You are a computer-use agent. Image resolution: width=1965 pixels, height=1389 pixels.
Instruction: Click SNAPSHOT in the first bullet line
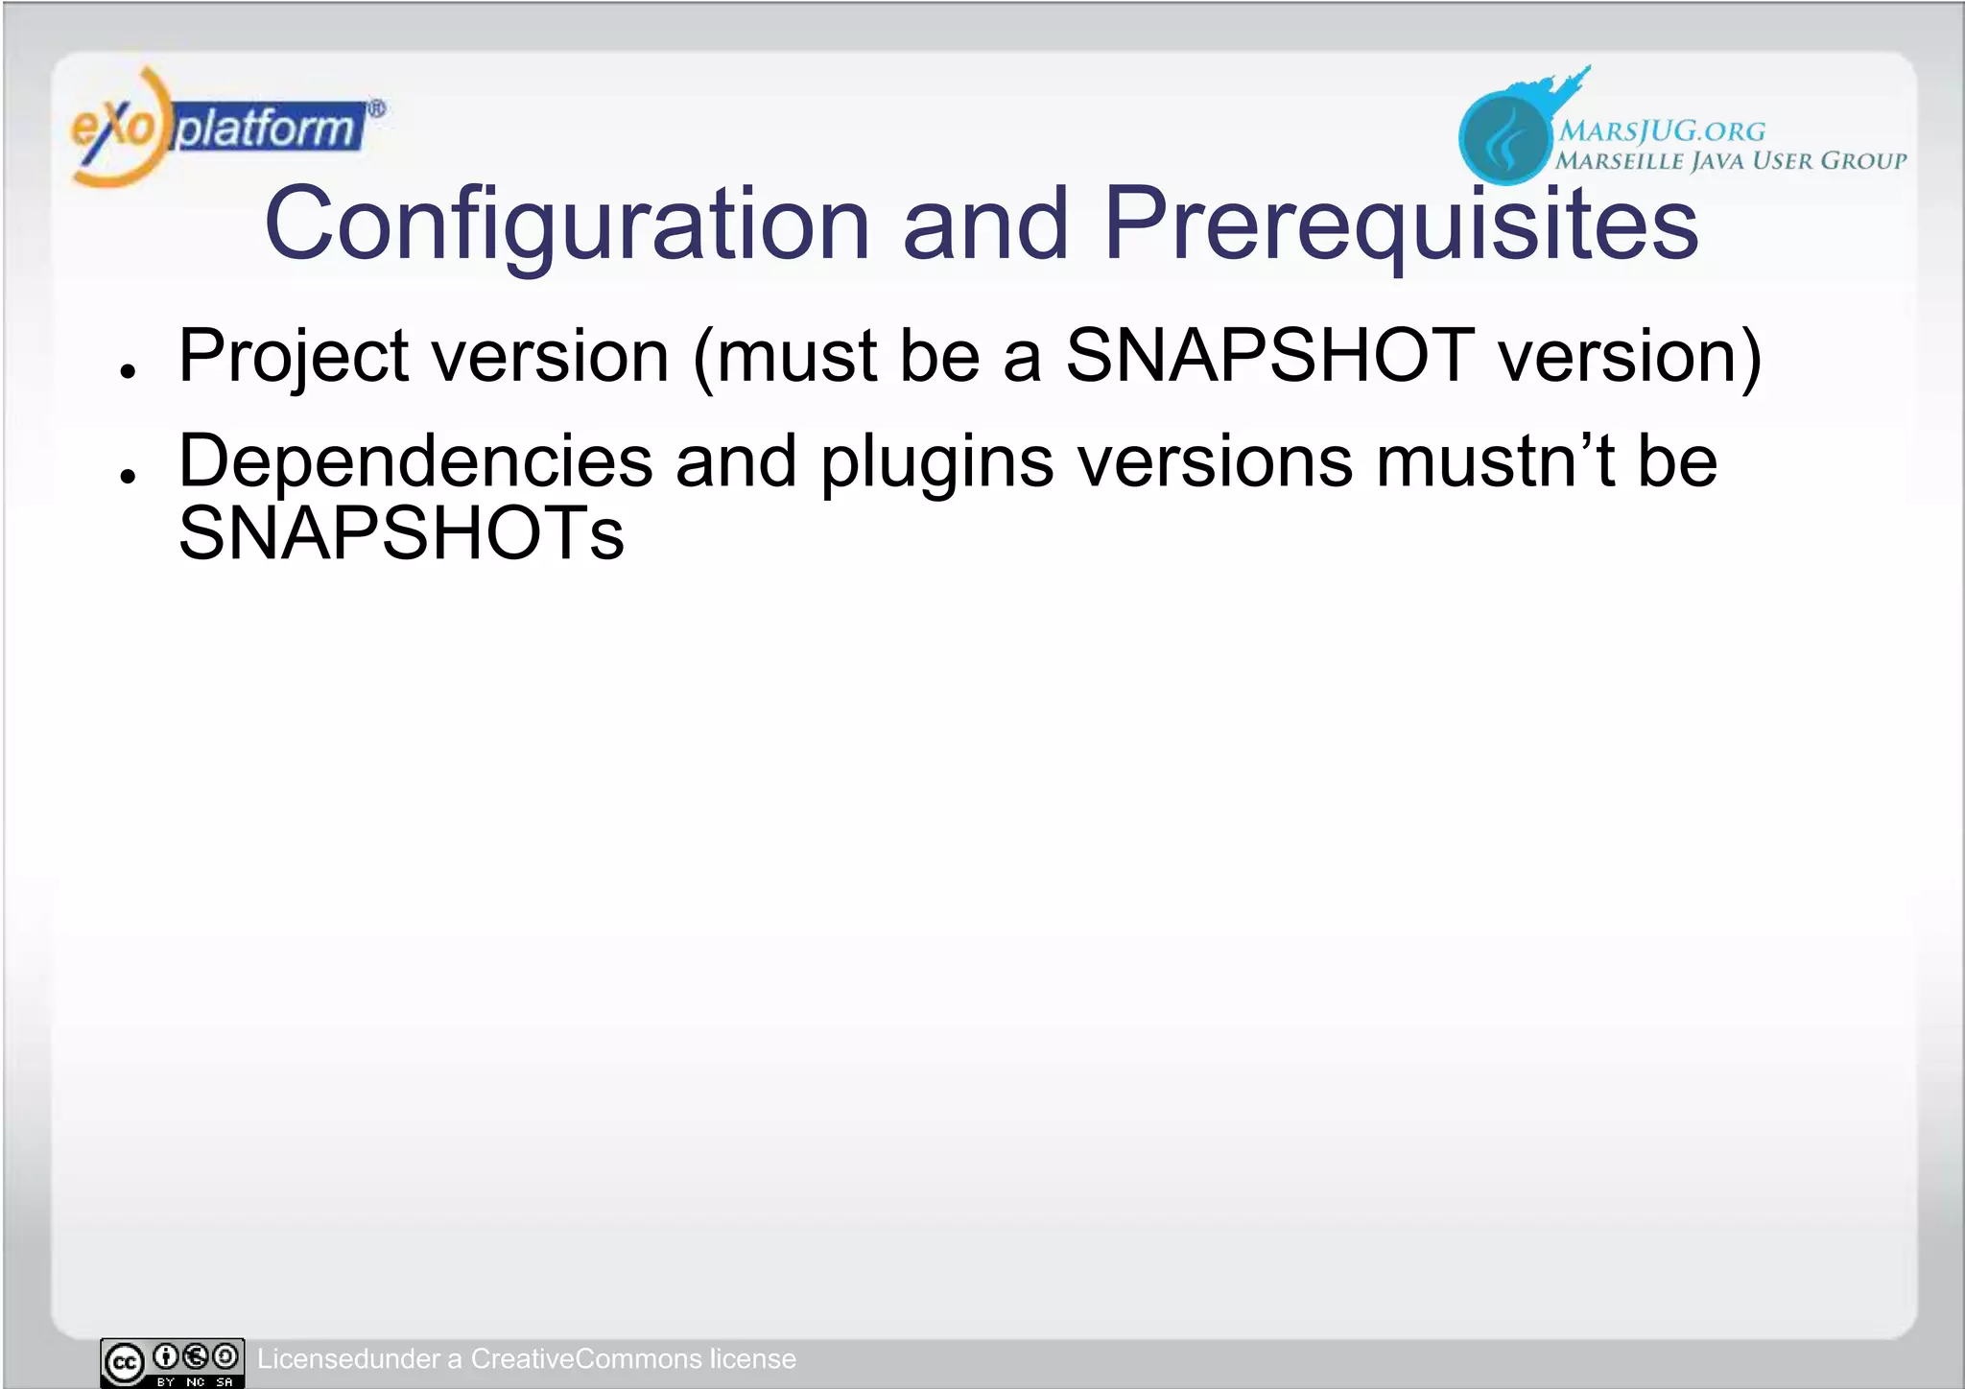(1269, 355)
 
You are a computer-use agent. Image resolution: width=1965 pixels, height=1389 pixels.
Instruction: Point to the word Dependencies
(415, 462)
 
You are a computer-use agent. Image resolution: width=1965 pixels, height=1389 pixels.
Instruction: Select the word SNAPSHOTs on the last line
(401, 534)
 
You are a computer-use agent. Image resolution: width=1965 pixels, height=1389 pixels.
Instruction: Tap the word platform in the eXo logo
(267, 129)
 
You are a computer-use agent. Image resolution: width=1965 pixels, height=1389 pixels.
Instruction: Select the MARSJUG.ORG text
(1661, 130)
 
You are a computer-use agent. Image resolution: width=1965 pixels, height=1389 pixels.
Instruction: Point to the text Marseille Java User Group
(1730, 161)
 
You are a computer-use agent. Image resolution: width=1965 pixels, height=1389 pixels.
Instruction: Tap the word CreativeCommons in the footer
(586, 1359)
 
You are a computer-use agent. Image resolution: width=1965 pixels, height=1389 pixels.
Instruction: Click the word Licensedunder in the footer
(347, 1359)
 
